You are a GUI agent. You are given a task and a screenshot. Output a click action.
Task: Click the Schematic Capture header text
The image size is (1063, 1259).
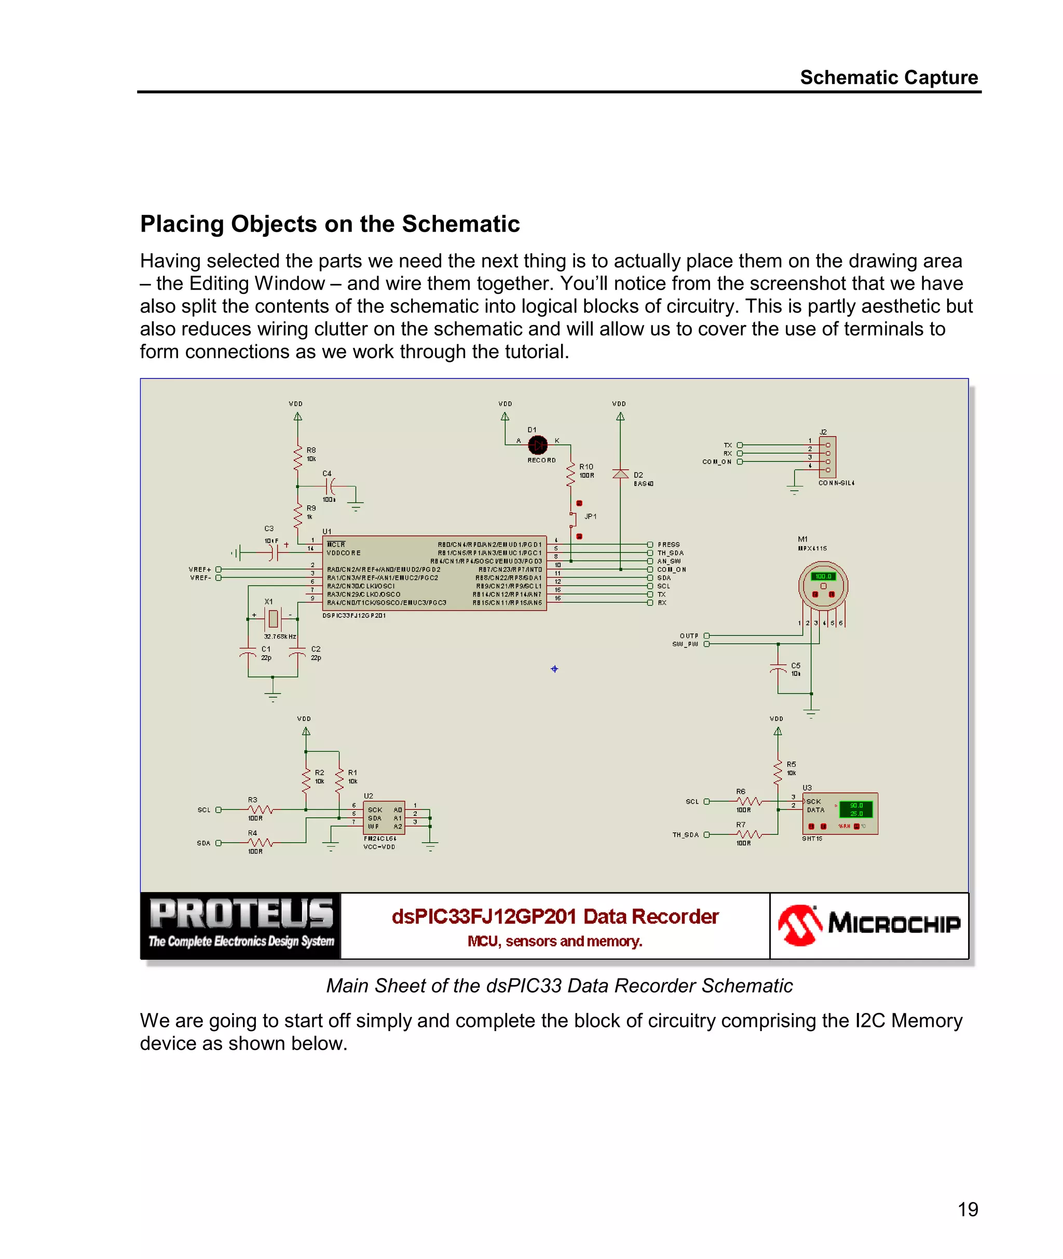(888, 78)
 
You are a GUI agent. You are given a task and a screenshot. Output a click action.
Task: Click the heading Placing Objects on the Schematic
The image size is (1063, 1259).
(330, 224)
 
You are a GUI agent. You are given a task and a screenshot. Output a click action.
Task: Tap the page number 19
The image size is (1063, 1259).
(968, 1209)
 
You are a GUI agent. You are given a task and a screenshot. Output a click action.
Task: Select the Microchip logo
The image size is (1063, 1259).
(868, 925)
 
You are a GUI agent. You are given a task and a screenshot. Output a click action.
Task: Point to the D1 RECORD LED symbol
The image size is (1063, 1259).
(538, 445)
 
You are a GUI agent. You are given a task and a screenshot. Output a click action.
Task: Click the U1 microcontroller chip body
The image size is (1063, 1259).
(434, 573)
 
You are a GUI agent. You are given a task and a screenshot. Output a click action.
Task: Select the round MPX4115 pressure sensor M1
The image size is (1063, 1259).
(823, 585)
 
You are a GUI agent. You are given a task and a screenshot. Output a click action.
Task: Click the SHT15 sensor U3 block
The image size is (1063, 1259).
(840, 813)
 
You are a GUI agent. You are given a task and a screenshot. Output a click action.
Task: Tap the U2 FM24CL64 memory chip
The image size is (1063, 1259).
(385, 818)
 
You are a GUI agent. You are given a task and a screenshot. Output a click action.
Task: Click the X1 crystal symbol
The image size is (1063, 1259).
(273, 618)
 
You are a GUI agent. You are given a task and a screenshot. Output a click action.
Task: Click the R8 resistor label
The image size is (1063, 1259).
(311, 450)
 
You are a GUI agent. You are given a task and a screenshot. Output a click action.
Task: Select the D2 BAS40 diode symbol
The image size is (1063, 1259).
(621, 473)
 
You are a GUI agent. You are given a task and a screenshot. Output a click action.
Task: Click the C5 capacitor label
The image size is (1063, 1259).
(796, 666)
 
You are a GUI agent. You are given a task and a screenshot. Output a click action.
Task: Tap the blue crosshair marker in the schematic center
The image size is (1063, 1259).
(554, 668)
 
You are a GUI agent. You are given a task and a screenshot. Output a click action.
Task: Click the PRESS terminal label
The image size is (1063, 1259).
(669, 544)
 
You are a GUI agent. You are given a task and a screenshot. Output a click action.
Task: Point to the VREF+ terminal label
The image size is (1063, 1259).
(200, 569)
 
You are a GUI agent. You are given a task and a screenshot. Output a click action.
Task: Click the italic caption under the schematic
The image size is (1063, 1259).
(558, 985)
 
